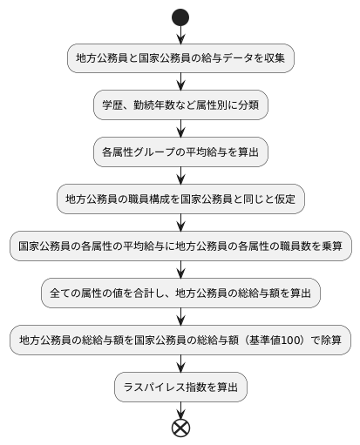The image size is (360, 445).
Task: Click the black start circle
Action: (x=180, y=16)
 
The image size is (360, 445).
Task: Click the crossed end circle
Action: (x=180, y=428)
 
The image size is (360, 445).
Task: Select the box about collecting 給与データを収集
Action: (x=180, y=58)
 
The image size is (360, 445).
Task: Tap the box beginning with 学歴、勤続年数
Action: (x=180, y=105)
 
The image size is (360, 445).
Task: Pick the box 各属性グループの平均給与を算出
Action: (x=180, y=152)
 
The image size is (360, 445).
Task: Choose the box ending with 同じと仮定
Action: (x=180, y=199)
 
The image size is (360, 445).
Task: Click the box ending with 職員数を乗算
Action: (x=180, y=246)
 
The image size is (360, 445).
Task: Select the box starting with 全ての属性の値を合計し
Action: (x=180, y=293)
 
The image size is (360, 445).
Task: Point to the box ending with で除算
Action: (x=180, y=340)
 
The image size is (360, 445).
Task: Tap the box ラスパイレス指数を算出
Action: (x=180, y=388)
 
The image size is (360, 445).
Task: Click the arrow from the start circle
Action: (x=180, y=34)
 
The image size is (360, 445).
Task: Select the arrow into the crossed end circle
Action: (x=180, y=410)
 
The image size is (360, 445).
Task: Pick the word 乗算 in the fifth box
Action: (x=331, y=246)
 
